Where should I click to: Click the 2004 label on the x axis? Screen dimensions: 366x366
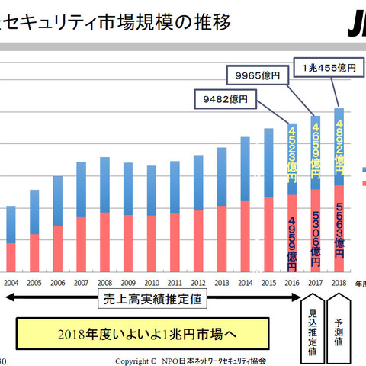[x=11, y=282]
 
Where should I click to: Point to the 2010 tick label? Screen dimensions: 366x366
[x=151, y=282]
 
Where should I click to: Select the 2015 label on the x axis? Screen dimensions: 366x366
[x=268, y=282]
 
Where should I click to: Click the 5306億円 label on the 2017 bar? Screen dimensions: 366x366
[x=316, y=232]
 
